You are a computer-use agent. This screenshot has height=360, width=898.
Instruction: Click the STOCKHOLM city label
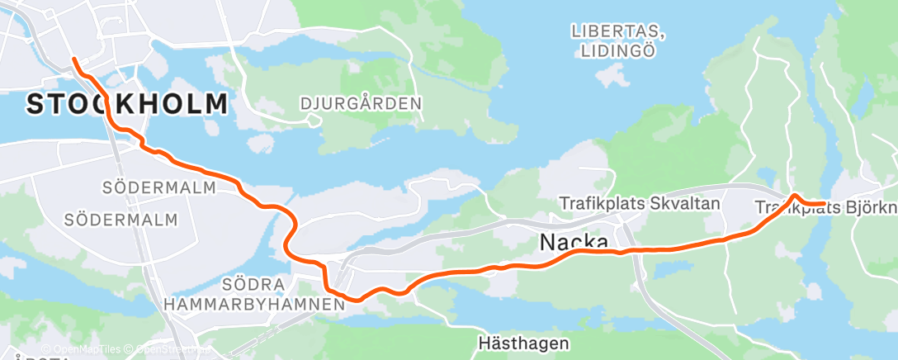(127, 105)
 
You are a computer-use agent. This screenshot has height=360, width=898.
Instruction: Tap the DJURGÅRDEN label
(362, 104)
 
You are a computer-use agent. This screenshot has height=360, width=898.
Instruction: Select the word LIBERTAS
(618, 31)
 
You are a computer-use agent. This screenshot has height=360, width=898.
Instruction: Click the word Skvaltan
(686, 202)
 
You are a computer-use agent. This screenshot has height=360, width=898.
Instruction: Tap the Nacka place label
(574, 242)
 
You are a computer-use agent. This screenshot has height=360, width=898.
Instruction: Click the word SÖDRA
(253, 285)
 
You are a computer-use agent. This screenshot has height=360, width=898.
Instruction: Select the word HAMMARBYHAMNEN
(254, 304)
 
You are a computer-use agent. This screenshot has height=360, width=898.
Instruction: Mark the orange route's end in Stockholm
(73, 59)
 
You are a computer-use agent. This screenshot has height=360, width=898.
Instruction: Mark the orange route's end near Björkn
(825, 204)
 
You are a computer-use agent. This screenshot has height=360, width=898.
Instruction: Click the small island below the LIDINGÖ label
(612, 77)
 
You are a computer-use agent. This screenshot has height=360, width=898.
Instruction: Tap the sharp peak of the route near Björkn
(794, 195)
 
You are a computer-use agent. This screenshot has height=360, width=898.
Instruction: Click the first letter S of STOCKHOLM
(35, 105)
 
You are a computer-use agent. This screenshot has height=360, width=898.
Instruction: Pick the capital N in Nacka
(548, 242)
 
